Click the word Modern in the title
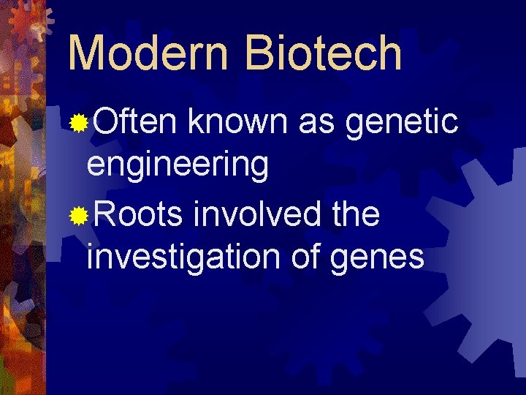(x=150, y=53)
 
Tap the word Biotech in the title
(x=324, y=53)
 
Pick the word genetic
(x=402, y=123)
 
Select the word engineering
(x=178, y=165)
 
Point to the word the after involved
(x=355, y=214)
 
